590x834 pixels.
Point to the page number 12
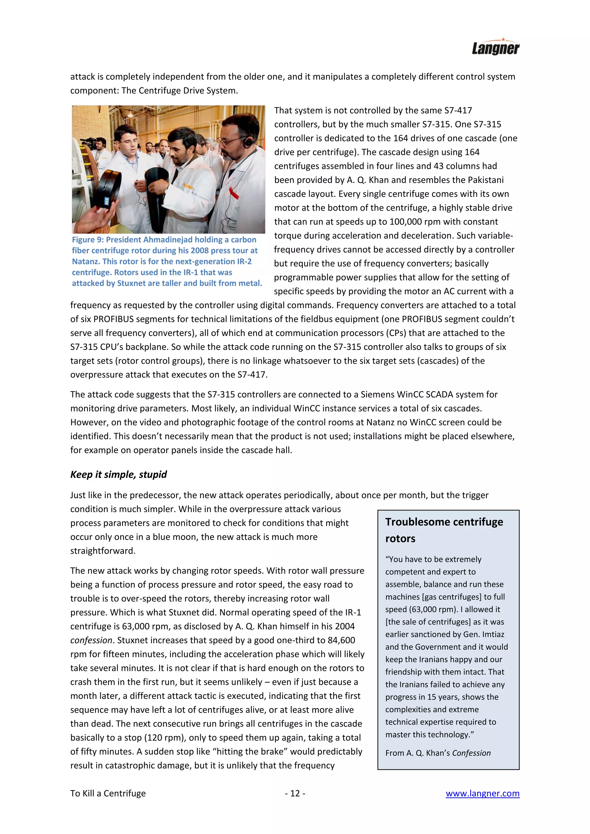coord(295,793)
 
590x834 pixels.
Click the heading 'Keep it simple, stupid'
coord(118,474)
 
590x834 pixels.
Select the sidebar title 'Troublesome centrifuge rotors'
coord(444,530)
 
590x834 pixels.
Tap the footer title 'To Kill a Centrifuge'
coord(108,793)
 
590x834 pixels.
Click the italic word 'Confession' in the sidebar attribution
coord(471,753)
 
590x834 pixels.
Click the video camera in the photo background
coord(88,142)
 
